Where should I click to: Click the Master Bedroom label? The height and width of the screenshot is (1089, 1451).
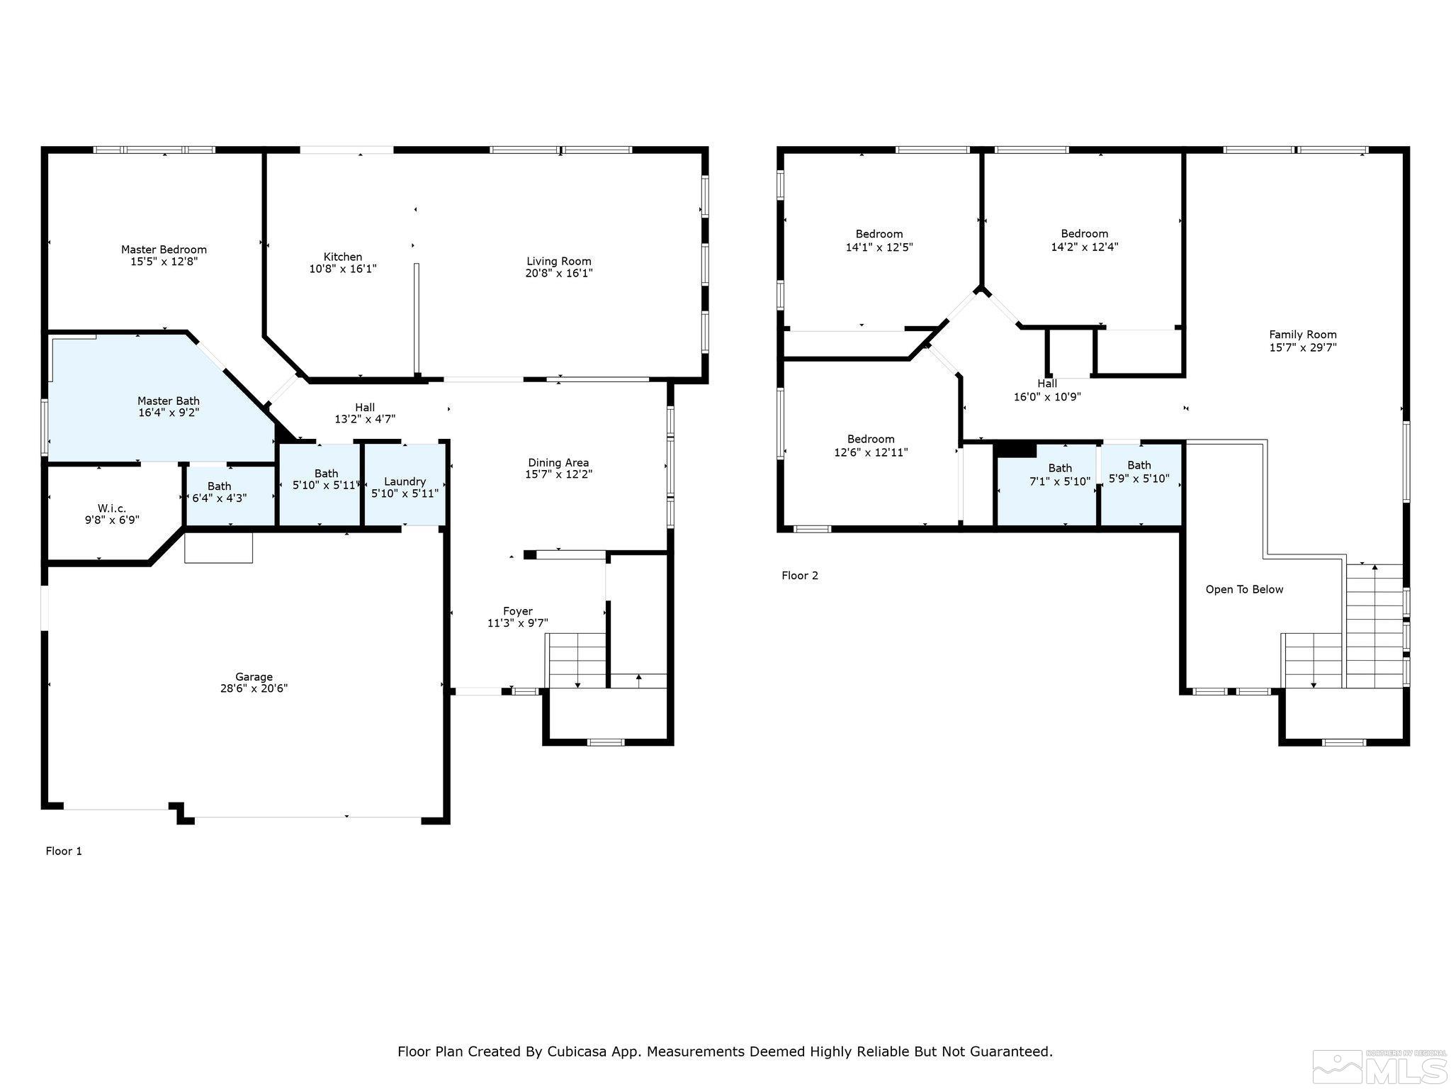point(164,250)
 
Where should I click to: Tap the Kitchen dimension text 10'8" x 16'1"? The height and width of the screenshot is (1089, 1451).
point(343,269)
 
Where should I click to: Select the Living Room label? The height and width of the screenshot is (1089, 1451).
point(558,261)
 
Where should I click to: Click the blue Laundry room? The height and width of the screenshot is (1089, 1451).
point(405,486)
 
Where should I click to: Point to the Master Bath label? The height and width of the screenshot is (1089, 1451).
point(168,401)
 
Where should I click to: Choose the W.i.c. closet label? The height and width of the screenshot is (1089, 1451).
point(112,508)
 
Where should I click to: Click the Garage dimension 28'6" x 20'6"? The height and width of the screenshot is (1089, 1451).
point(254,688)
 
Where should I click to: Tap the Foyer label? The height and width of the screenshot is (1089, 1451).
point(517,611)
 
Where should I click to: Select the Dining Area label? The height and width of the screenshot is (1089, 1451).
point(558,463)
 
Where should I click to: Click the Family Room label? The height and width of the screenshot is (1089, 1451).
point(1302,335)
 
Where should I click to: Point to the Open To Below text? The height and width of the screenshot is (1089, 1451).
point(1244,590)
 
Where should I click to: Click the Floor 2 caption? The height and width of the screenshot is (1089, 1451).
point(800,576)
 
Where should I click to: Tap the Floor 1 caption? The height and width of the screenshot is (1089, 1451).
point(64,851)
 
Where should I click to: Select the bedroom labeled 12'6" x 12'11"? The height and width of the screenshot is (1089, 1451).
point(871,446)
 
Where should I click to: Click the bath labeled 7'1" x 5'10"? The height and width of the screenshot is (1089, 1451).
point(1059,475)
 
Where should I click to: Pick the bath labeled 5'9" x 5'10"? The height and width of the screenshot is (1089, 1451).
point(1139,472)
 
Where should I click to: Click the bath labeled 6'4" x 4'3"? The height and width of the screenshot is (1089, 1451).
point(219,492)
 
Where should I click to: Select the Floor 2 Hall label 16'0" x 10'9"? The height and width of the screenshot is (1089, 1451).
point(1046,390)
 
